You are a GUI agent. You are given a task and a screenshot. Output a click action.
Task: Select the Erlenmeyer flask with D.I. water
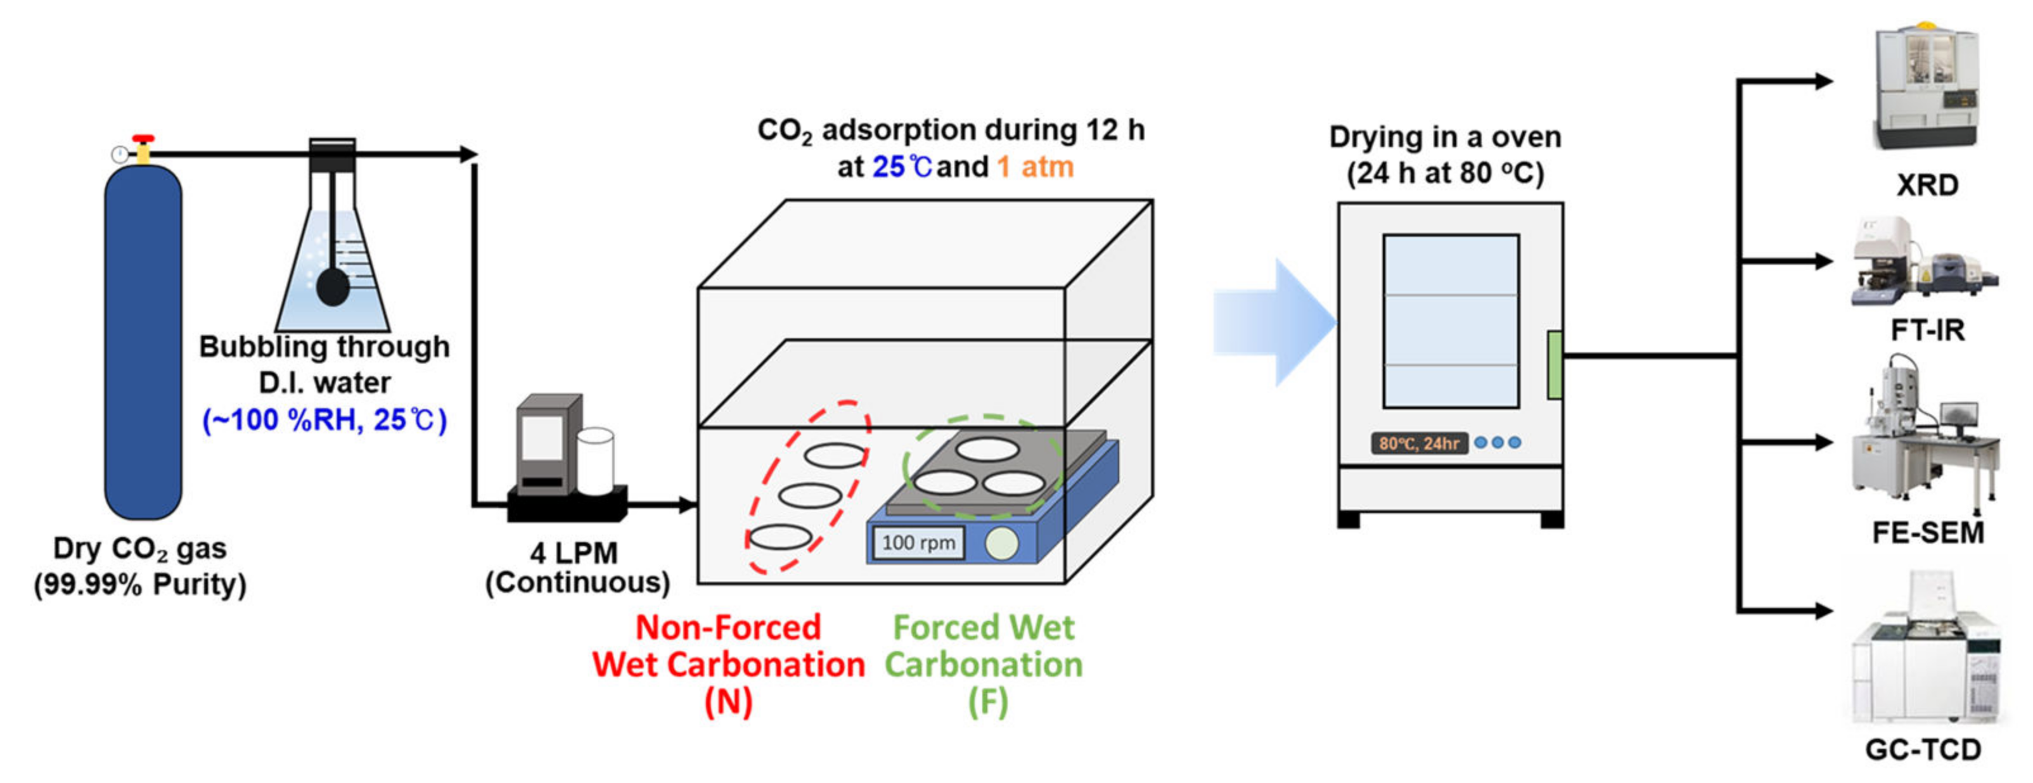pyautogui.click(x=332, y=260)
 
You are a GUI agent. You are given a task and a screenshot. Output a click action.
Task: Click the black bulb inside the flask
pyautogui.click(x=332, y=288)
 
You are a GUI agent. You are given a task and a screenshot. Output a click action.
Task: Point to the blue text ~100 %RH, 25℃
pyautogui.click(x=324, y=419)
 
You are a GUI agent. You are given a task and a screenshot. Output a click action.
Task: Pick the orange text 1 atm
pyautogui.click(x=1035, y=167)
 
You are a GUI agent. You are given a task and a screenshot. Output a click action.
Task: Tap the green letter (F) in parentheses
pyautogui.click(x=987, y=702)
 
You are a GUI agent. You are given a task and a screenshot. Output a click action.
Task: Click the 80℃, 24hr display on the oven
pyautogui.click(x=1418, y=443)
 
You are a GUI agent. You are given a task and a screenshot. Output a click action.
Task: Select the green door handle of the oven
pyautogui.click(x=1554, y=365)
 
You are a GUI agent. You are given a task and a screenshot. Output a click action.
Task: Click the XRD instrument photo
pyautogui.click(x=1927, y=87)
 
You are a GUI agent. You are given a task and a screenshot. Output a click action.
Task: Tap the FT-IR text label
pyautogui.click(x=1927, y=330)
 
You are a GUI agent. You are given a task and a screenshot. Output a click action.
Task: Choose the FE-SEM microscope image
pyautogui.click(x=1926, y=438)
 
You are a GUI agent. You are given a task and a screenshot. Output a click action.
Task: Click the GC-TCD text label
pyautogui.click(x=1923, y=749)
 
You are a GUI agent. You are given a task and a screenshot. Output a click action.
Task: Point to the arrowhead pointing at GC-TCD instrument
pyautogui.click(x=1823, y=610)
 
